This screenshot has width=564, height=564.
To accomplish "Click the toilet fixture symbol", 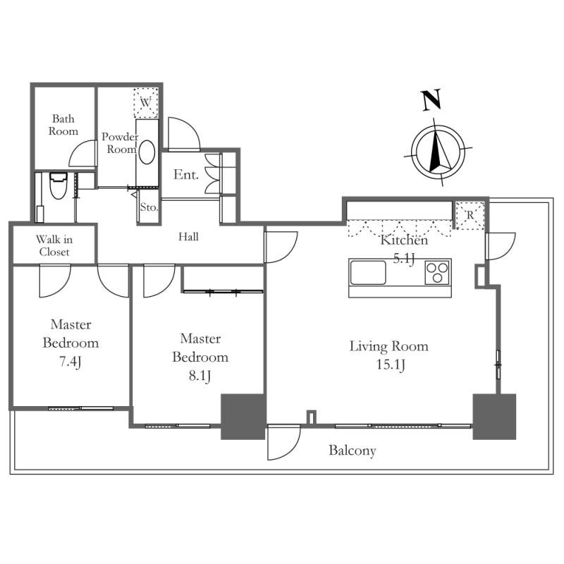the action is (59, 185).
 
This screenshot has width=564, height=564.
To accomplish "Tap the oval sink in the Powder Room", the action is (147, 152).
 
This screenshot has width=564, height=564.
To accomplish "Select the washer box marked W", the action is (146, 102).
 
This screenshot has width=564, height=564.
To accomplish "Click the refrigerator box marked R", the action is (470, 216).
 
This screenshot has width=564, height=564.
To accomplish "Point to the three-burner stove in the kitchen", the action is (437, 273).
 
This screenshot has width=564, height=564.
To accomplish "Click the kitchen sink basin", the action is (367, 273).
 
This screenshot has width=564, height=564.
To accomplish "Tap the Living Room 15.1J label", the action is (389, 355).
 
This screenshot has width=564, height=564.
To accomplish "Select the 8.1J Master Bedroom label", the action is (200, 357).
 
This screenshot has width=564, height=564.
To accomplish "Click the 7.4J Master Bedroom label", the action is (70, 343).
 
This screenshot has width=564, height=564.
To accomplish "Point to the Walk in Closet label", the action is (54, 245).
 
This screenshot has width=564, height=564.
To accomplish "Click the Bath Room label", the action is (63, 125).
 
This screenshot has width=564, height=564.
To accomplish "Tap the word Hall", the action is (188, 237).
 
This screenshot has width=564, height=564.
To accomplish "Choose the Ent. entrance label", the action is (186, 174).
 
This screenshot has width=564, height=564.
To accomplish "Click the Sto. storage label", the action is (149, 207).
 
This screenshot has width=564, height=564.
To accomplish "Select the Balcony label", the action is (352, 450).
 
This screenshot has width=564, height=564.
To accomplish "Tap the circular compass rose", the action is (438, 152).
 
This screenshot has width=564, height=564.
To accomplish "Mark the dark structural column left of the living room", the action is (243, 417).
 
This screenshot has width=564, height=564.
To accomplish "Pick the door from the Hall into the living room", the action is (281, 247).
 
